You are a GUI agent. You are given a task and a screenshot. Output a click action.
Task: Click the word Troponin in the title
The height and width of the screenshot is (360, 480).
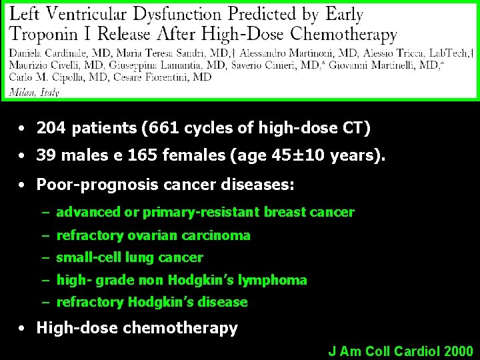click(x=47, y=34)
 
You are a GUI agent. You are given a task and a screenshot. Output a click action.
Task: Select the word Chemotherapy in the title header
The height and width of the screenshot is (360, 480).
click(x=343, y=34)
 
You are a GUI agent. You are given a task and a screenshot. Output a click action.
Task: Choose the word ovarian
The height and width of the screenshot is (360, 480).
click(x=146, y=235)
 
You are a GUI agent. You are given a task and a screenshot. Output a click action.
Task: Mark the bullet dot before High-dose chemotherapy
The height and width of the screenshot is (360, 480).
click(x=23, y=328)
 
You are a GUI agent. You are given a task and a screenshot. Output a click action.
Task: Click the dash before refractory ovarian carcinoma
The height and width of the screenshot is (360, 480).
click(x=45, y=235)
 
